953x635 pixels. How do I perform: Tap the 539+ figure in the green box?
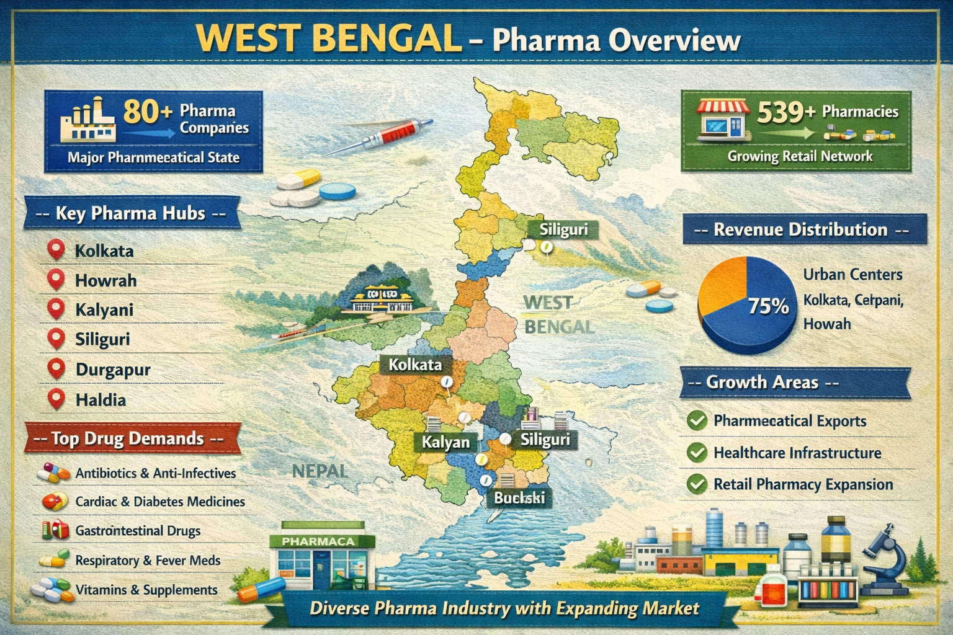tap(785, 113)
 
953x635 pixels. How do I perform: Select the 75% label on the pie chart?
tap(768, 306)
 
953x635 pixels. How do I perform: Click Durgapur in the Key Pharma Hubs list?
tap(113, 370)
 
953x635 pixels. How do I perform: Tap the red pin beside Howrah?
tap(56, 280)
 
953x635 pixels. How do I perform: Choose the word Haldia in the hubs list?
tap(101, 400)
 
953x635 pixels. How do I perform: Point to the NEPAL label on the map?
tap(320, 471)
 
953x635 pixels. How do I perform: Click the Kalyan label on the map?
tap(445, 442)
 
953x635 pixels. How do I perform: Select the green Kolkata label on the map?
tap(414, 365)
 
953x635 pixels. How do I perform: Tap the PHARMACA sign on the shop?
tap(318, 541)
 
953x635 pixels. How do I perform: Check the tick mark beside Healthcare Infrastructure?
tap(697, 453)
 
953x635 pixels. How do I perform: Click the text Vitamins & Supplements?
tap(146, 590)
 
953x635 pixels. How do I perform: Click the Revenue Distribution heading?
tap(800, 229)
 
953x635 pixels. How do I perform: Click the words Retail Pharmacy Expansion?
tap(803, 484)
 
